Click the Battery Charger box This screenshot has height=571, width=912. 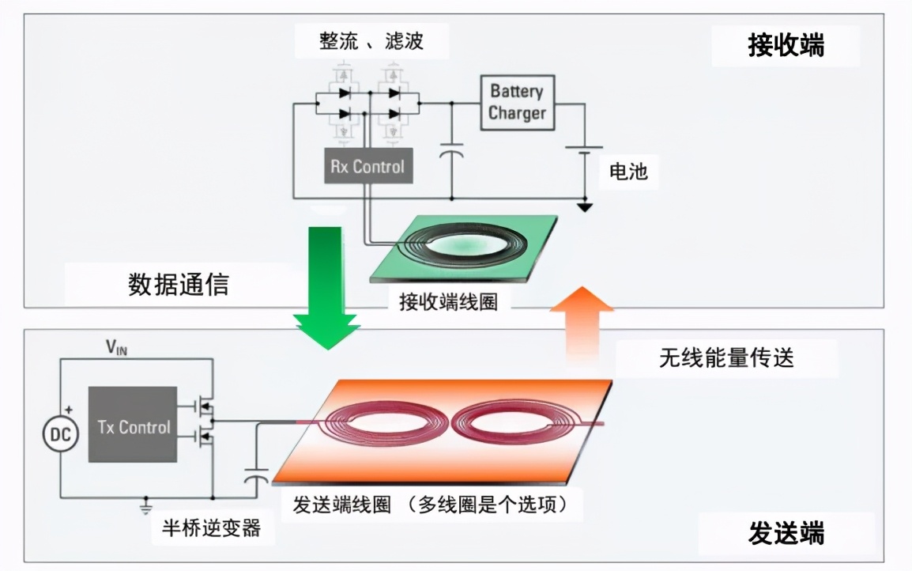point(517,102)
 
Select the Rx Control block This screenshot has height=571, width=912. point(367,167)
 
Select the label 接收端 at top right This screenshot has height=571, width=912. point(786,46)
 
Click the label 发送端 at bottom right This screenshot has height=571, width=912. point(786,534)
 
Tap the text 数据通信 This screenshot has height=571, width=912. point(179,284)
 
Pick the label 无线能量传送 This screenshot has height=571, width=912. point(725,358)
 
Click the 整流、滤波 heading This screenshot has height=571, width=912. point(371,41)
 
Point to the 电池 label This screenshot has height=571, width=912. point(628,171)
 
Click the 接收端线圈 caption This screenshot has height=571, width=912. point(448,302)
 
